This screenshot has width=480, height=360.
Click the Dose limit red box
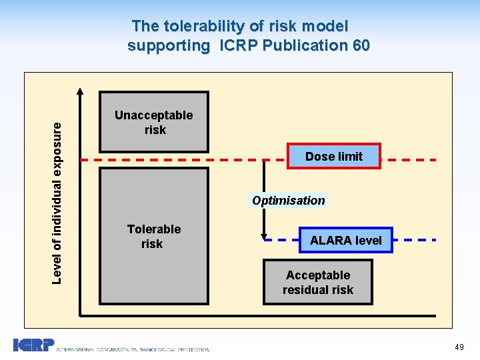coord(334,156)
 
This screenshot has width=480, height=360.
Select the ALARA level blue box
coord(345,240)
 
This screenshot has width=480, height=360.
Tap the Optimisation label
coord(289,200)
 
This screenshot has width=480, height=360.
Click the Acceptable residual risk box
coord(317,282)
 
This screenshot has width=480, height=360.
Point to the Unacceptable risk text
coord(153,122)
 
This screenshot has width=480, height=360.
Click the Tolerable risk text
coord(153,236)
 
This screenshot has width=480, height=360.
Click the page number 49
coord(459,347)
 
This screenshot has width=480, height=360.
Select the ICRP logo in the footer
coord(33,345)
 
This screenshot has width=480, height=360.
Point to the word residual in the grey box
coord(318,290)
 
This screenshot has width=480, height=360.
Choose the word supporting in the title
coord(168,45)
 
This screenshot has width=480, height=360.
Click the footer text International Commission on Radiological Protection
coord(133,349)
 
